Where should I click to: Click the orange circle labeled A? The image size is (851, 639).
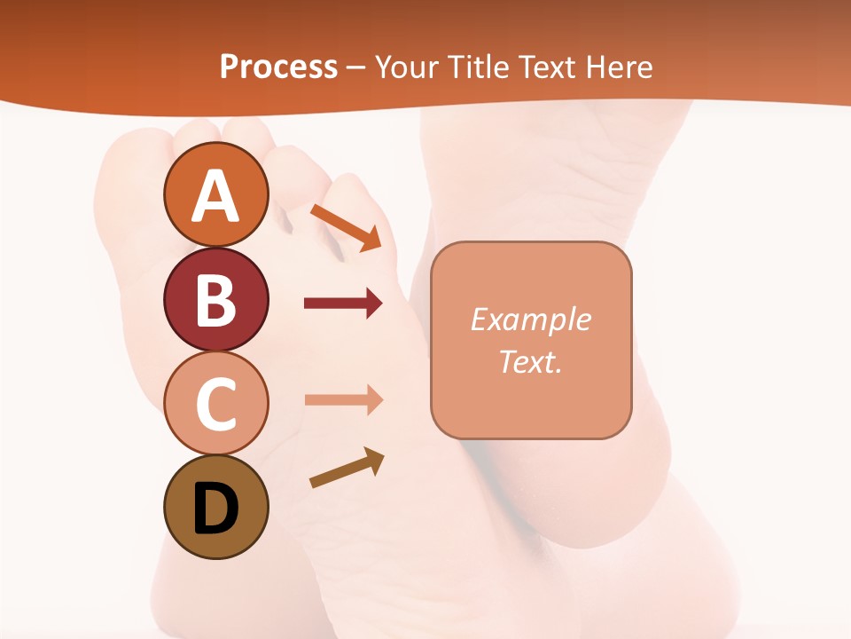(216, 195)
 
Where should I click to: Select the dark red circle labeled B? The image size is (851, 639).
(216, 299)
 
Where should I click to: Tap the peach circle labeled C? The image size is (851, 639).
(216, 404)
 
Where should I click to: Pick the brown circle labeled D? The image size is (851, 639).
(216, 508)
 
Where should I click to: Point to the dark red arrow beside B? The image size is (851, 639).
(343, 304)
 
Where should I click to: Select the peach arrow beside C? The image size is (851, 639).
(343, 399)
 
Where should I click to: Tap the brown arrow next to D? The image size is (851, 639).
(347, 468)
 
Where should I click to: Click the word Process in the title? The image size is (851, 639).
(278, 67)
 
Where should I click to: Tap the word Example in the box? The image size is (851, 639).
(530, 319)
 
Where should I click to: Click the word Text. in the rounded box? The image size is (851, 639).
(530, 362)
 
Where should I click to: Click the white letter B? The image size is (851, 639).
(216, 300)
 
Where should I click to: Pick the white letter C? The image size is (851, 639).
(216, 405)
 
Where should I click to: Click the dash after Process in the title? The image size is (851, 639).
(355, 67)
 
